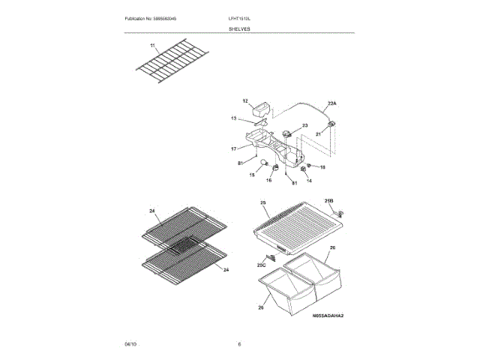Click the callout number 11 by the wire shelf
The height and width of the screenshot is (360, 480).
[153, 46]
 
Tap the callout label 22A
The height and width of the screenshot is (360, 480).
[332, 103]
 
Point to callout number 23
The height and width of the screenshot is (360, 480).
[305, 125]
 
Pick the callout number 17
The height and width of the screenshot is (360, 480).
[233, 149]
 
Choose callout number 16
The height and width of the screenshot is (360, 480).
[269, 180]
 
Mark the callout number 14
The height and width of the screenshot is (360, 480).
[308, 181]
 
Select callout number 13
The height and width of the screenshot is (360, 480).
[233, 118]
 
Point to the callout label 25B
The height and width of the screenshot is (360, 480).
[328, 202]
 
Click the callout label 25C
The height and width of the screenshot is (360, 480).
[262, 265]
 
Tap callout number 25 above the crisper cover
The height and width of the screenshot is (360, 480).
[263, 203]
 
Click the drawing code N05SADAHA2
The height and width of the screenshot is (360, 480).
[328, 316]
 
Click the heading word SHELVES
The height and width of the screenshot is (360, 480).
[240, 28]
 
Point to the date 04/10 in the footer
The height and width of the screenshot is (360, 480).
[130, 343]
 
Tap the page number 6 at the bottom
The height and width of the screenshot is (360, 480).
[239, 343]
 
